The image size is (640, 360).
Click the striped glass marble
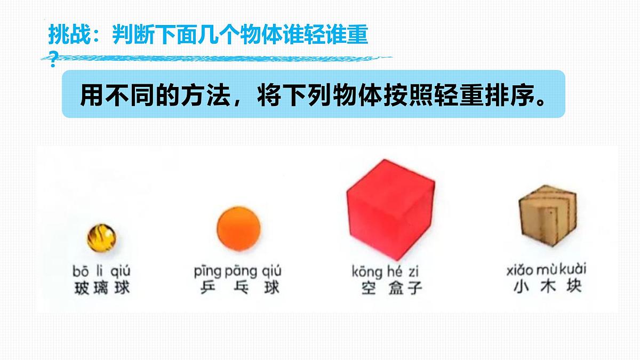101,237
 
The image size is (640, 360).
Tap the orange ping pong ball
238,227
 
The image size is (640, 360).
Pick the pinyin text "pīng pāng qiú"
238,270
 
